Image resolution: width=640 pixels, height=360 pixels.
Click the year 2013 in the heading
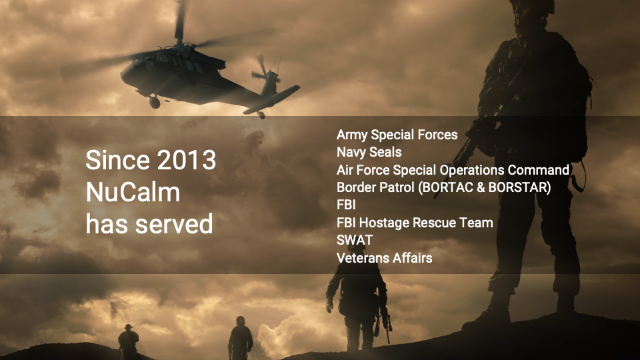(187, 159)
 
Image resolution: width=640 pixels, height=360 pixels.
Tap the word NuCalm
(133, 192)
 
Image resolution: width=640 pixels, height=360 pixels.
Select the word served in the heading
(174, 224)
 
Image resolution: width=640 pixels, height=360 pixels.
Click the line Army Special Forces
(397, 135)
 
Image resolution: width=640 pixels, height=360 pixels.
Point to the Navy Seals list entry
(369, 152)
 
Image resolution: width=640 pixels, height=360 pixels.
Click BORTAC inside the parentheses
(447, 187)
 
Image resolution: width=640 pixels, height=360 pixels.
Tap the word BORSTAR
(517, 187)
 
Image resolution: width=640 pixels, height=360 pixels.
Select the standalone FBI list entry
(346, 205)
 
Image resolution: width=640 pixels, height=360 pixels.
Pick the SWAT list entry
(355, 240)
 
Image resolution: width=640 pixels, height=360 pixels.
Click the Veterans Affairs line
(384, 258)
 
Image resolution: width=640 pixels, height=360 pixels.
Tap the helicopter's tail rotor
(265, 72)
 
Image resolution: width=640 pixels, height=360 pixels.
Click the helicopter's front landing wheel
(154, 102)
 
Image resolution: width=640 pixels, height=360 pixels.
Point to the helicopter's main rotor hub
(179, 42)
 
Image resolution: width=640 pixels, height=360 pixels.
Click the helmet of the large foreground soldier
(532, 5)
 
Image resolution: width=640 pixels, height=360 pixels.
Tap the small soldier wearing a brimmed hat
(128, 341)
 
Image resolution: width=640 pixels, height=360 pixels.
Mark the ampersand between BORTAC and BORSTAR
(481, 187)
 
